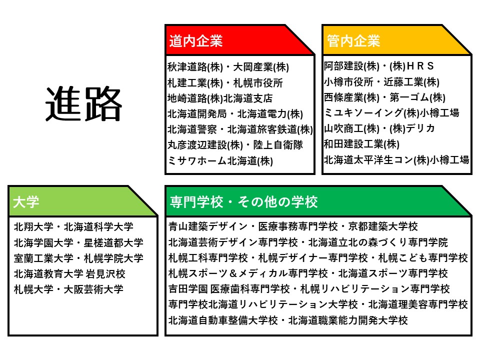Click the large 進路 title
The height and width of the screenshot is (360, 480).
tap(83, 103)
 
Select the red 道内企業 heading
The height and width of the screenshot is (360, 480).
tap(195, 41)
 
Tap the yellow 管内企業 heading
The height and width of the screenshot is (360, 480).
tap(353, 41)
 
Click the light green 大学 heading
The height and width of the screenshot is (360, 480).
tap(26, 202)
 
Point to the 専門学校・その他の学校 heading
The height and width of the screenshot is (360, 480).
tap(243, 202)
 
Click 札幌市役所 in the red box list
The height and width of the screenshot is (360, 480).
tap(258, 82)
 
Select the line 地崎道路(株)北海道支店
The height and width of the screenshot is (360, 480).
tap(220, 98)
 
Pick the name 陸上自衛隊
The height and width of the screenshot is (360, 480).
tap(278, 145)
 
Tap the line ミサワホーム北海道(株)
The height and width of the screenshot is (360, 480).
tap(220, 160)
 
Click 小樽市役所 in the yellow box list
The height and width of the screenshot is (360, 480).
tap(348, 81)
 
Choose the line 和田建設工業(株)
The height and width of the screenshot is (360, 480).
tap(361, 144)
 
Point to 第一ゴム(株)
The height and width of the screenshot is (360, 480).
tap(417, 97)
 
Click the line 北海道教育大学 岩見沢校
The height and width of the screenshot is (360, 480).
tap(69, 273)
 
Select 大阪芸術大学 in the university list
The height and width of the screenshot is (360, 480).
tap(93, 289)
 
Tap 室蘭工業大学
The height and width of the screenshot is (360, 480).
tap(43, 258)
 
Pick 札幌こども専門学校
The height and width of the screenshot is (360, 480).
tap(423, 258)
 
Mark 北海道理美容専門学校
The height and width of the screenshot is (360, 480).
tap(418, 304)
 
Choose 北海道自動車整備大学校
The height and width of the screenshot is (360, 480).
tap(223, 320)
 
